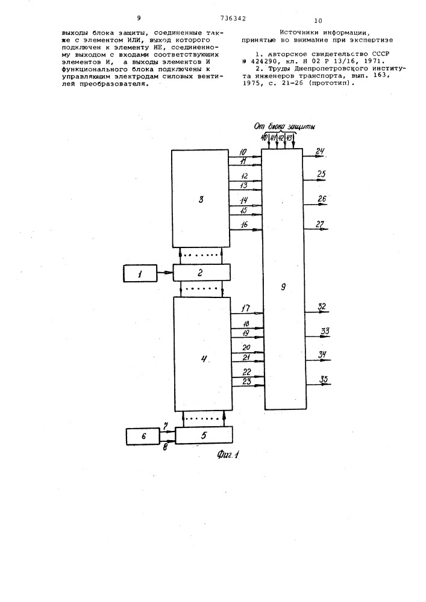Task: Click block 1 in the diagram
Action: pos(140,273)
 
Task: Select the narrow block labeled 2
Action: pos(202,273)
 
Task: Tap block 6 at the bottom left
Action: pos(143,436)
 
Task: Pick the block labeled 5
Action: pos(204,435)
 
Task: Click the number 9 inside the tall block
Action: pos(283,287)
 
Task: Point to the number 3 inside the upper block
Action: pos(201,199)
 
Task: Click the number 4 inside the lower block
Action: pos(204,359)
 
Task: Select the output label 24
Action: pos(320,151)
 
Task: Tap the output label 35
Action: pos(324,380)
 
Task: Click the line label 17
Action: pos(246,308)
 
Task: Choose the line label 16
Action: pos(244,225)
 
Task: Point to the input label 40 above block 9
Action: pos(265,138)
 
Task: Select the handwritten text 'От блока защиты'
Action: pos(284,126)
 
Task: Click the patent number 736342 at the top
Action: pos(233,18)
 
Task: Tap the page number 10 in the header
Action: pos(318,20)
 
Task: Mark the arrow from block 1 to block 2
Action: pos(165,273)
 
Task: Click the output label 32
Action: pos(322,307)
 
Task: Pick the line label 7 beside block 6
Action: pos(166,426)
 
